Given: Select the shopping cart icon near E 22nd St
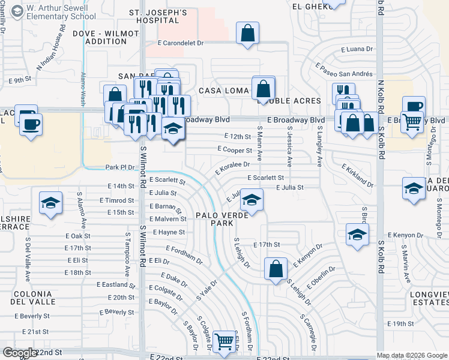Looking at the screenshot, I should coord(224,341).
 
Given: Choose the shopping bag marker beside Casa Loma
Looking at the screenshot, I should coord(264,89).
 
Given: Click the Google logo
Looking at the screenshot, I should coord(20,353).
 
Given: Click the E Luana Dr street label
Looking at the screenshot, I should coord(357,49).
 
